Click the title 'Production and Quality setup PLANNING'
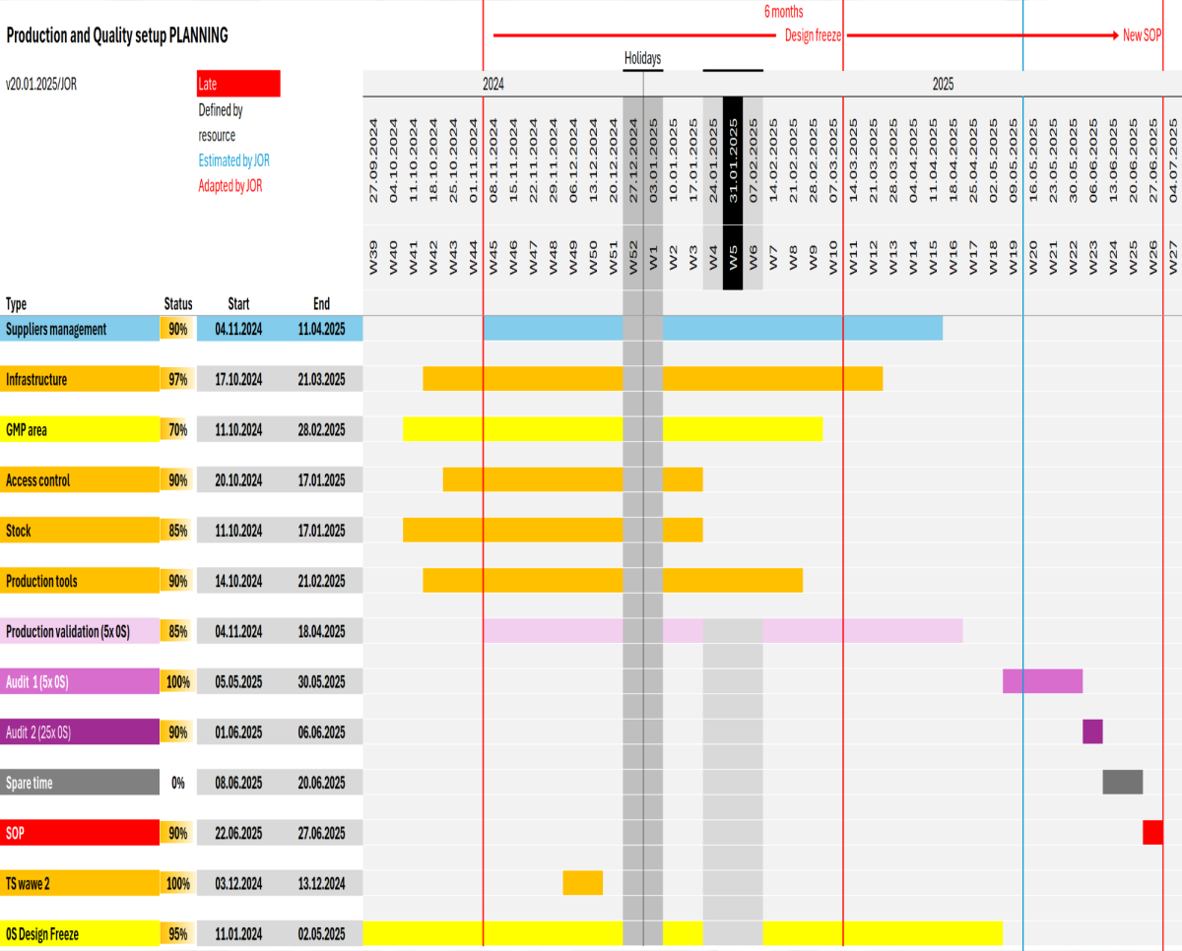tap(116, 36)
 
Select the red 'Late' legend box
tap(238, 84)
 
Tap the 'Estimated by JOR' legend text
tap(233, 160)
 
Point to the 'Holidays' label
tap(642, 59)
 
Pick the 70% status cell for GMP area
tap(178, 430)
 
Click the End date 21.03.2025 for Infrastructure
tap(321, 380)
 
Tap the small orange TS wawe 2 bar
tap(582, 883)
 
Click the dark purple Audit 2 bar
tap(1092, 731)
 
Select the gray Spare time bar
tap(1122, 782)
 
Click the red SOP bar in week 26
tap(1152, 832)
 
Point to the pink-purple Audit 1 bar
tap(1042, 681)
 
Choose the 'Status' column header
tap(178, 304)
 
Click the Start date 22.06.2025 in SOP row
tap(238, 834)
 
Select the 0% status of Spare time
tap(178, 784)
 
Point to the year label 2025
tap(943, 85)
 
